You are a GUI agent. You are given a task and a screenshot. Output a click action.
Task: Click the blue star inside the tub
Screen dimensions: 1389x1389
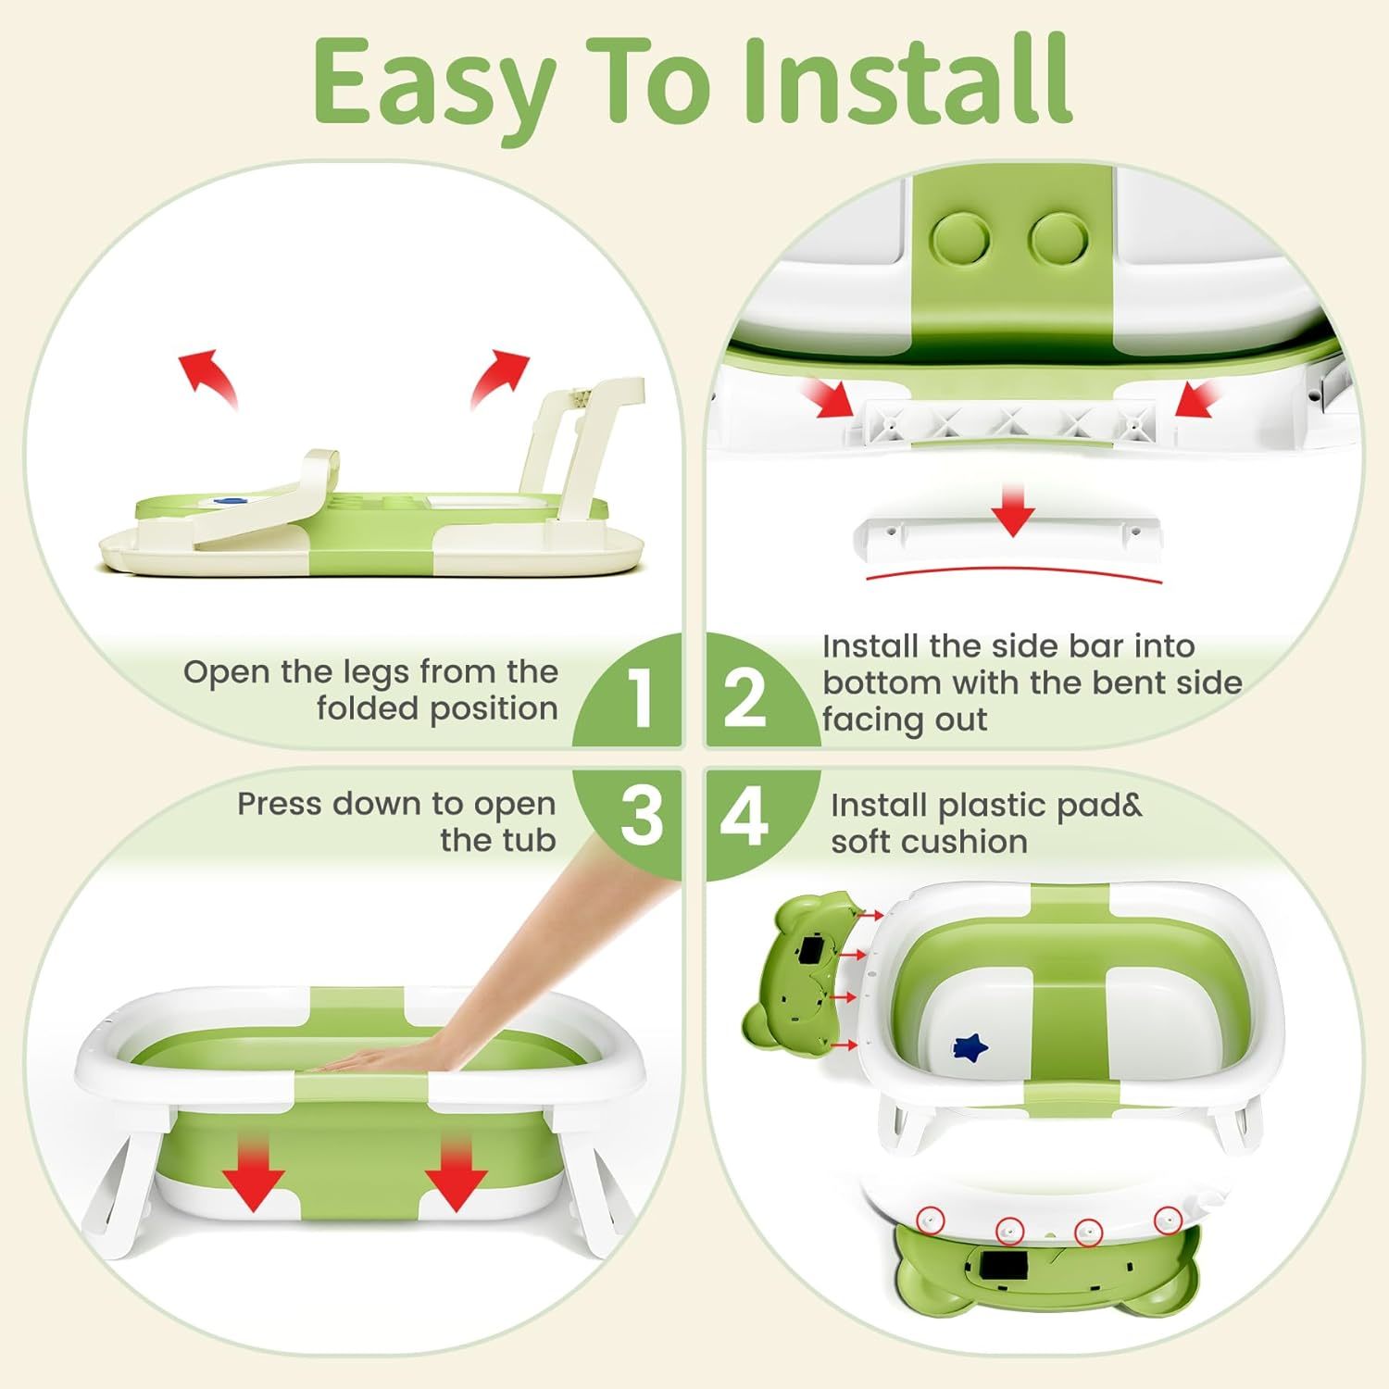point(971,1045)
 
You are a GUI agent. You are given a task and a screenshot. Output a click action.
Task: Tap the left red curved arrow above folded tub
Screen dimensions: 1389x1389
point(208,375)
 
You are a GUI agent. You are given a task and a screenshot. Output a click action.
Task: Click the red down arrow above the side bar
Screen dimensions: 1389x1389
point(1014,511)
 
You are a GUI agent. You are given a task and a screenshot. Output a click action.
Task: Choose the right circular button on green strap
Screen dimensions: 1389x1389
point(1058,239)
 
